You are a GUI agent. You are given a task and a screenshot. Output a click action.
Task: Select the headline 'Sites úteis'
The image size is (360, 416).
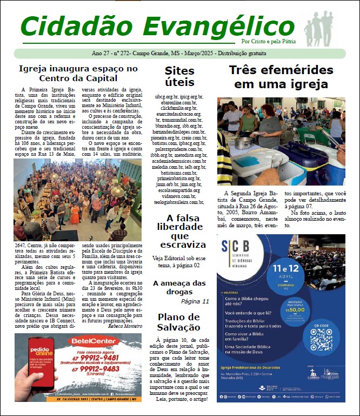(x=179, y=77)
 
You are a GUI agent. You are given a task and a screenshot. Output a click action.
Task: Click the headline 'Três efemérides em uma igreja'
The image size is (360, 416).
(x=281, y=77)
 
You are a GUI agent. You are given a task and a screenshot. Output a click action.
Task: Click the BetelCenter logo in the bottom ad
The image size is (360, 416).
(x=93, y=341)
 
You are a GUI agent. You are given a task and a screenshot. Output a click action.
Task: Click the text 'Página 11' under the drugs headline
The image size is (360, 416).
(x=195, y=301)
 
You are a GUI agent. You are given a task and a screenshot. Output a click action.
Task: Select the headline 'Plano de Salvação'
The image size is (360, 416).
(x=179, y=322)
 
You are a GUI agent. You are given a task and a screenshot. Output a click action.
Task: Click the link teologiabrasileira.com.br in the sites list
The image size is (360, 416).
(x=179, y=202)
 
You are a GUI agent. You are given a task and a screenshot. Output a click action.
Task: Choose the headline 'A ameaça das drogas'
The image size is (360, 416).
(x=179, y=287)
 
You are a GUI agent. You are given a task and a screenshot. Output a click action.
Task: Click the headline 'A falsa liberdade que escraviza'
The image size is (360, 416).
(x=179, y=232)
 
